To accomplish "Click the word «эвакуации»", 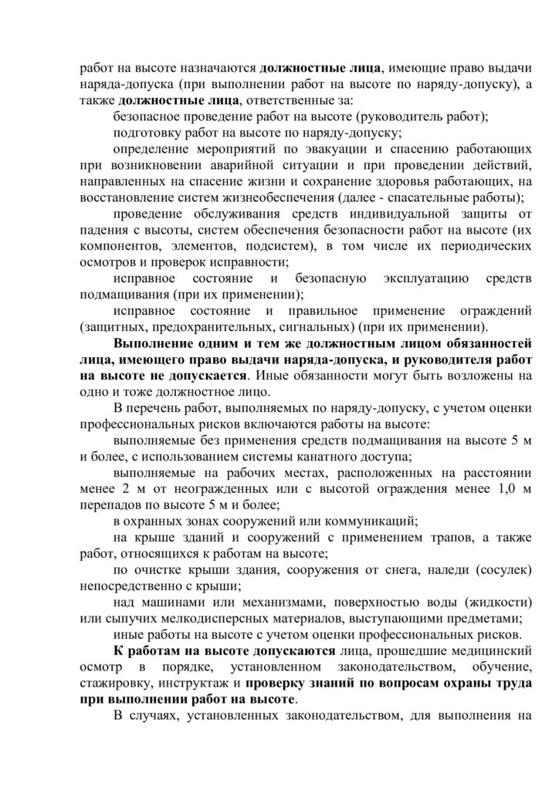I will pyautogui.click(x=334, y=148).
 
